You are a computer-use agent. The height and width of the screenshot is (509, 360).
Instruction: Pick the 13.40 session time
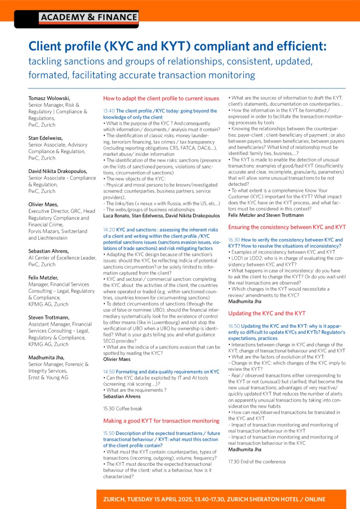coord(108,111)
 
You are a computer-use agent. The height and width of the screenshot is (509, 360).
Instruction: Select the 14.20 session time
coord(108,230)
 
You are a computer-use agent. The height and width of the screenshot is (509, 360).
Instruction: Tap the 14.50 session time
coord(108,371)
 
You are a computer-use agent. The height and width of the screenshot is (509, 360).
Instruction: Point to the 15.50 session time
coord(108,433)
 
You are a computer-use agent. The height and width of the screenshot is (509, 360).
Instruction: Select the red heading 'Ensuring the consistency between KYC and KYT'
coord(287,227)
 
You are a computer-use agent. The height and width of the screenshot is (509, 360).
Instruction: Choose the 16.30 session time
coord(234,240)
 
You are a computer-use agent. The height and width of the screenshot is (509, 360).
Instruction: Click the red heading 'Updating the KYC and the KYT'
coord(267,313)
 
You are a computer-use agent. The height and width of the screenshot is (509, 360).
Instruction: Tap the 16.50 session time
coord(234,326)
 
